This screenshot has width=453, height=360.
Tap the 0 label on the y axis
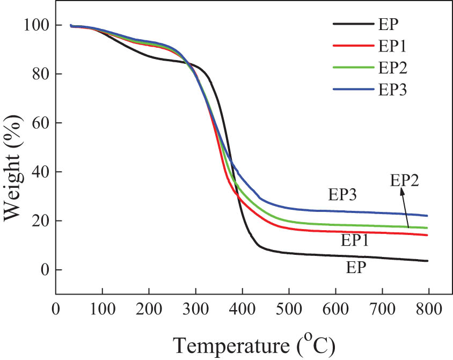click(x=45, y=270)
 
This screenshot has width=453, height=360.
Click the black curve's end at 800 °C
click(x=427, y=261)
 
